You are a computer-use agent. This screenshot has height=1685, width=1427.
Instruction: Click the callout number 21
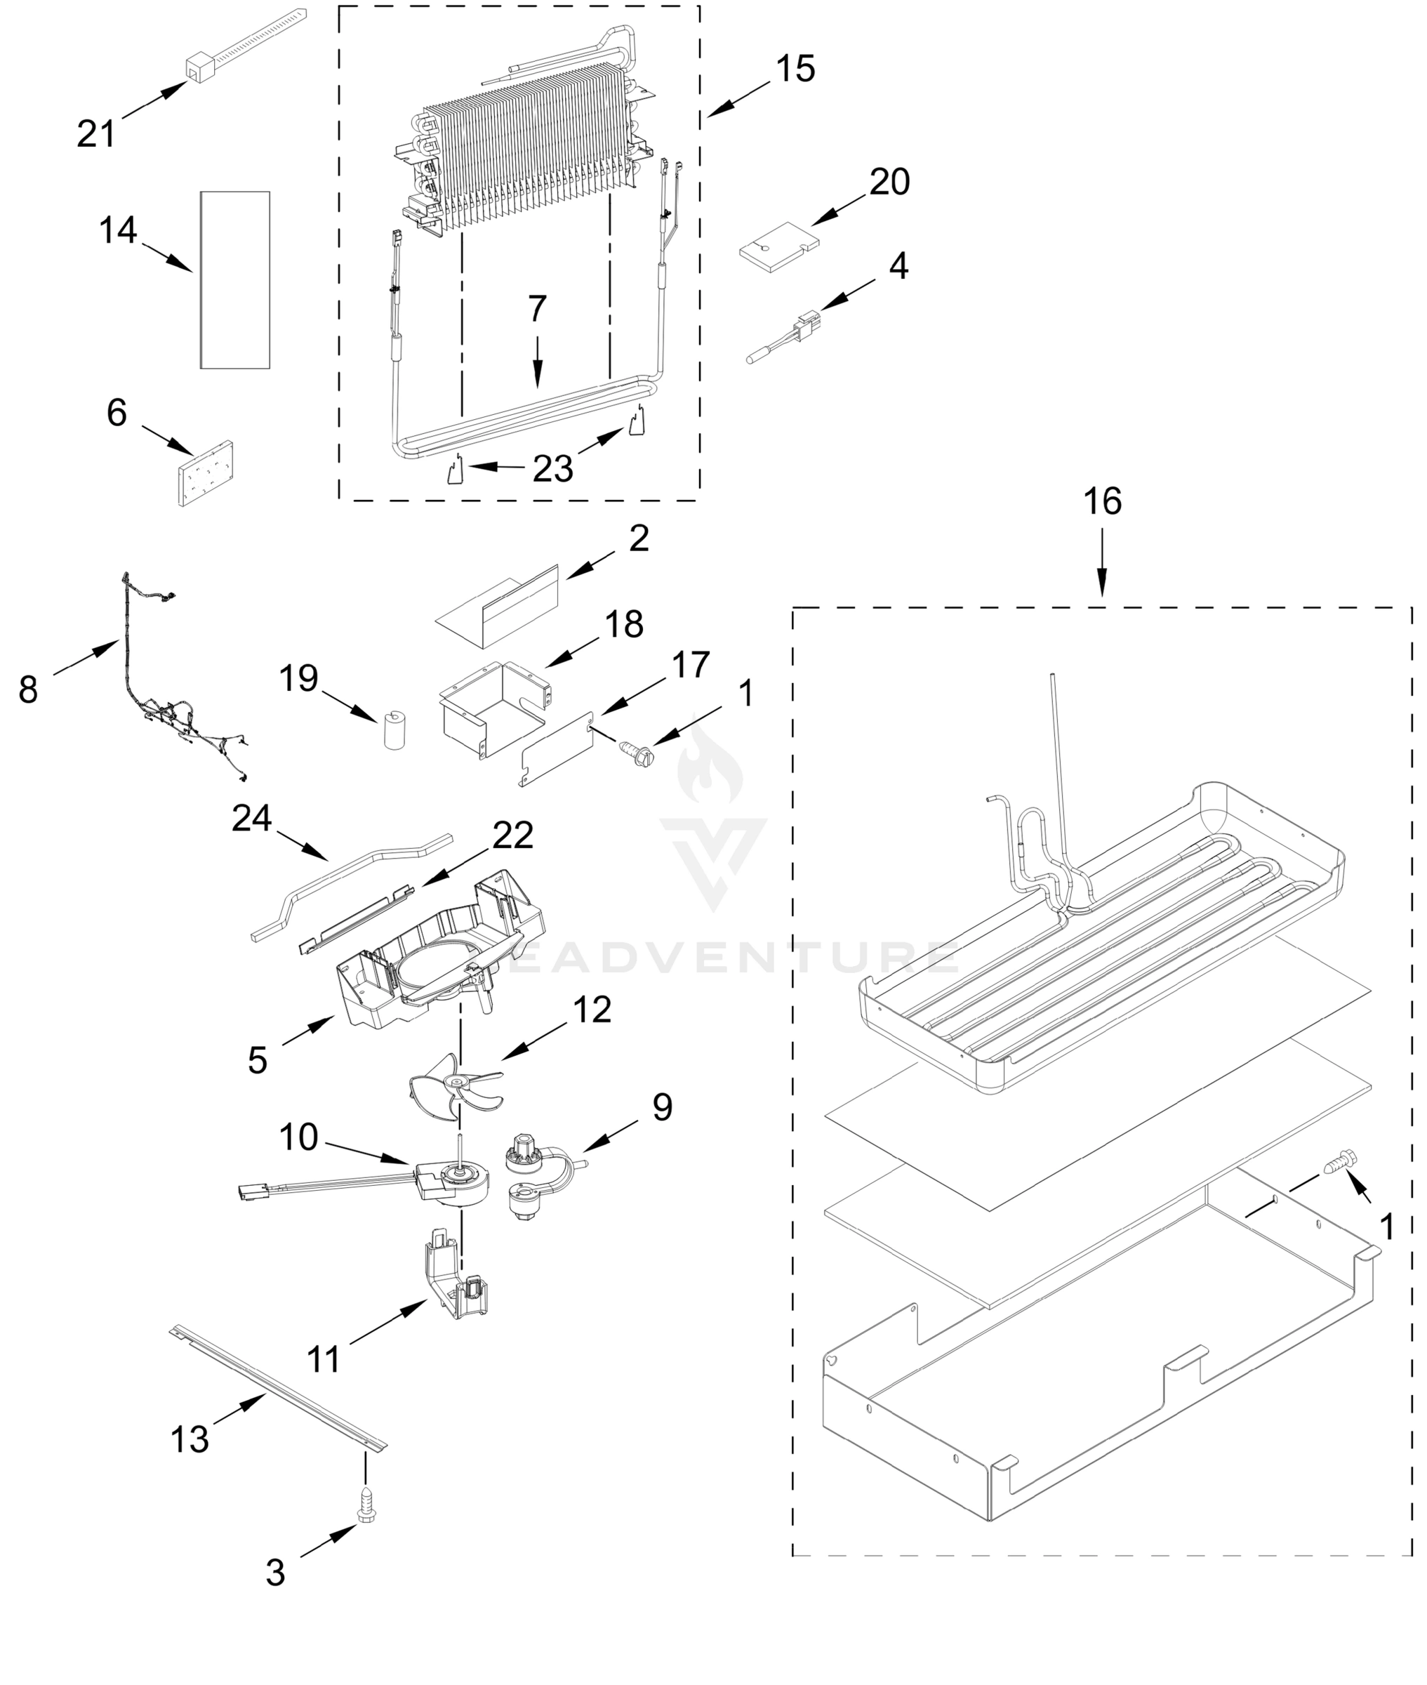pos(96,133)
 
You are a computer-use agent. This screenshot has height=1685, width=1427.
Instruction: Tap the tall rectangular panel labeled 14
pos(234,280)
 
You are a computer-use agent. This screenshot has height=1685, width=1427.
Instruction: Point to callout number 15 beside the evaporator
pos(795,70)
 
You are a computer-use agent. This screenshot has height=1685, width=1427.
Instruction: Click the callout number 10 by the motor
pos(298,1137)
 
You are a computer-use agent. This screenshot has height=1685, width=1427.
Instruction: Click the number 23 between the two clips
pos(552,468)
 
